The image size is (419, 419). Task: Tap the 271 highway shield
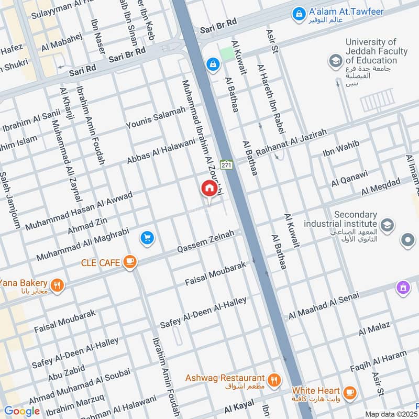pos(226,164)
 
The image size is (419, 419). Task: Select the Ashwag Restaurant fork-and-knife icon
pos(273,379)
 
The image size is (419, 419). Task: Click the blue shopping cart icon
pos(147,238)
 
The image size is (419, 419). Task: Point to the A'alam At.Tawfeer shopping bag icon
pos(299,12)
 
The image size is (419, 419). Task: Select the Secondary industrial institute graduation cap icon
pos(387,225)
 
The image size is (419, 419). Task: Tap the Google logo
pos(21,411)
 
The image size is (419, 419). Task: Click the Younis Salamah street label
pos(156,118)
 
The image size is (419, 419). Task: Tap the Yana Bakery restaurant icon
pos(58,286)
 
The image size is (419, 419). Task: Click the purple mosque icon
pos(403,288)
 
